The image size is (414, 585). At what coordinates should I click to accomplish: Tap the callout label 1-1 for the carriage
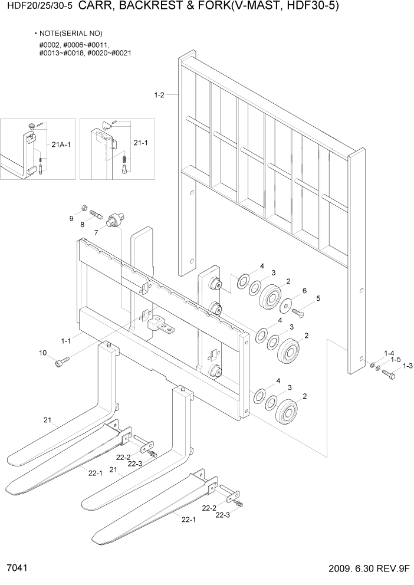(65, 340)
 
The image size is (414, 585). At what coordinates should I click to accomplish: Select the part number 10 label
(42, 353)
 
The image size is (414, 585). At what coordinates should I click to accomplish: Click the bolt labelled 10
(61, 363)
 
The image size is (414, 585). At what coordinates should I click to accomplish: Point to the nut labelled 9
(84, 208)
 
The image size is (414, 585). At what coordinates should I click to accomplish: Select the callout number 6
(304, 291)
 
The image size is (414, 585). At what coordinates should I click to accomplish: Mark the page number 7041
(15, 569)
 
